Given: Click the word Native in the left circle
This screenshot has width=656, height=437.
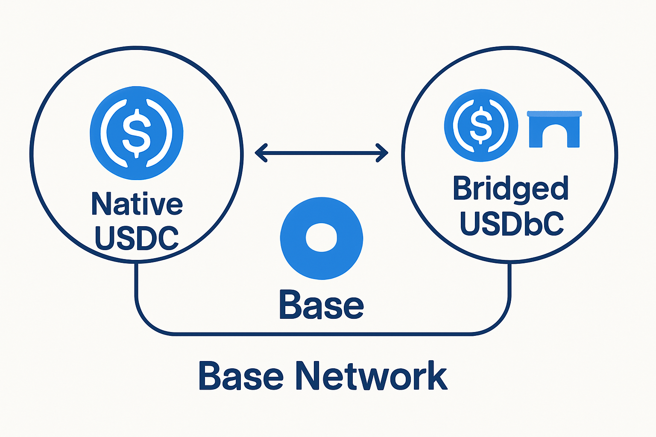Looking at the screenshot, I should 137,204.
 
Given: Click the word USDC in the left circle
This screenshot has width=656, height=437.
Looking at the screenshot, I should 136,238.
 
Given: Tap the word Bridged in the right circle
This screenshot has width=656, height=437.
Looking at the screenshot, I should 510,189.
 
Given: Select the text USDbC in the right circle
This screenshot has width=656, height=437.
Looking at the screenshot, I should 512,223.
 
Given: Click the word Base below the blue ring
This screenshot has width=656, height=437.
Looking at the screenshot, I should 321,305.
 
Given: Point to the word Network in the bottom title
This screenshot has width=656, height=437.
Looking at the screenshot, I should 372,376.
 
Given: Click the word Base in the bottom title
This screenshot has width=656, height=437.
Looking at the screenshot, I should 241,376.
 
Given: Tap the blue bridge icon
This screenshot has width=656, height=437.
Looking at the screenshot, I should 554,129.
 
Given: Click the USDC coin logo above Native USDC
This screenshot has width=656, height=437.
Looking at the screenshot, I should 137,133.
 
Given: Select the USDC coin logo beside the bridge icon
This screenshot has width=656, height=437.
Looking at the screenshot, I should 481,125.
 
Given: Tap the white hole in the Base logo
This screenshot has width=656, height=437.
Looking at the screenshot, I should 322,237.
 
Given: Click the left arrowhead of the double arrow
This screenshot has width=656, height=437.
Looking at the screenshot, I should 260,153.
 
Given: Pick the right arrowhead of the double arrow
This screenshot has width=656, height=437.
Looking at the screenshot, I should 382,153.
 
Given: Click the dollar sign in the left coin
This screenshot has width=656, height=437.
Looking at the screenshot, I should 137,133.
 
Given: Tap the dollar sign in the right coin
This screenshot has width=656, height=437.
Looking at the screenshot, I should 481,125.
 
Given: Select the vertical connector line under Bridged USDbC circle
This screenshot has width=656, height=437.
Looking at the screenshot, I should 509,280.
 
